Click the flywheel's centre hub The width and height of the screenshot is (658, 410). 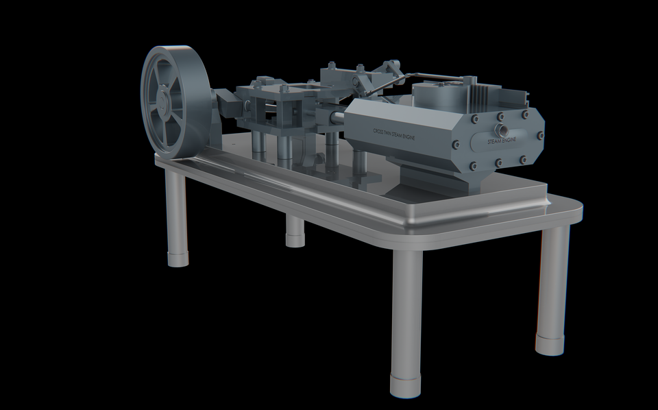click(x=164, y=103)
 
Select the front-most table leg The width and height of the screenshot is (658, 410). click(x=406, y=322)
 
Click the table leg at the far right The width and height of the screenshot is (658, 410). click(x=552, y=288)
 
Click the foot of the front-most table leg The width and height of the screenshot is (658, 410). click(x=406, y=385)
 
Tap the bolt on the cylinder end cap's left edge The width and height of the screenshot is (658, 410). click(x=456, y=143)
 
